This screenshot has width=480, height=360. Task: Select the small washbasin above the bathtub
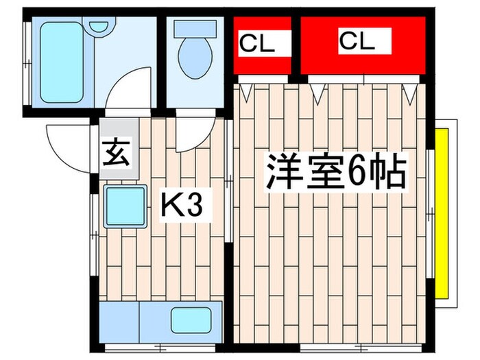point(100,27)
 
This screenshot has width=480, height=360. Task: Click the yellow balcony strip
point(442,213)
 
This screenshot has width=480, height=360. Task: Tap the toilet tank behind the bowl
point(193,28)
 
